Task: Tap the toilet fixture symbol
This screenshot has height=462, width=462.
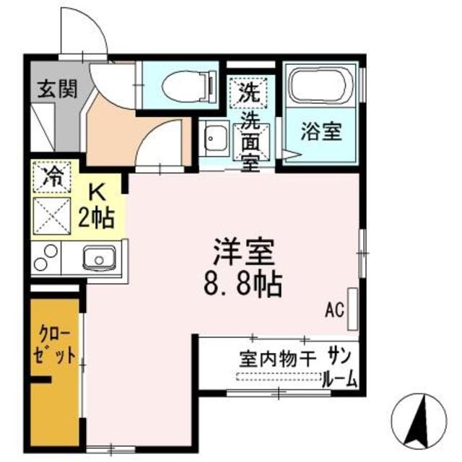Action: tap(187, 87)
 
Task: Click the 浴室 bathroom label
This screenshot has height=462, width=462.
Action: tap(321, 133)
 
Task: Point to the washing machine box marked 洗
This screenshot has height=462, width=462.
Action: tap(249, 92)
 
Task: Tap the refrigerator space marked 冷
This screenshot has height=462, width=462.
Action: tap(51, 175)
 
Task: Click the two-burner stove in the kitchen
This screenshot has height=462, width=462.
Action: tap(45, 257)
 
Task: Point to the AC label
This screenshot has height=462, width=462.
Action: tap(333, 311)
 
